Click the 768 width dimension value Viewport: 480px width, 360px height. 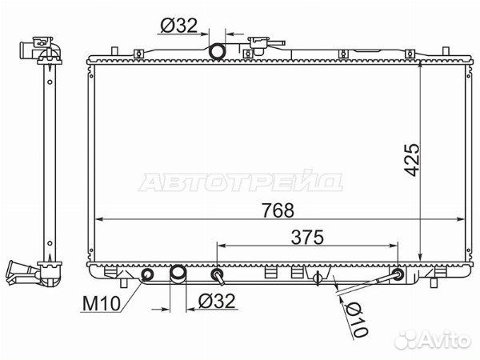coord(278,210)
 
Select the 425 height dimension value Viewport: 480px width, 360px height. coord(411,160)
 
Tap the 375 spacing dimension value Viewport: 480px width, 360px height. coord(307,238)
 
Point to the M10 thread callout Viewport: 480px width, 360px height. coord(102,304)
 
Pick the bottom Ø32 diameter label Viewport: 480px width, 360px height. coord(217,301)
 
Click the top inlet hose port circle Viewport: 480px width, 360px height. coord(217,51)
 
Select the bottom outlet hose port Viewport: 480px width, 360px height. coord(178,274)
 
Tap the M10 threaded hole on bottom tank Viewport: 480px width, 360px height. coord(147,274)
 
